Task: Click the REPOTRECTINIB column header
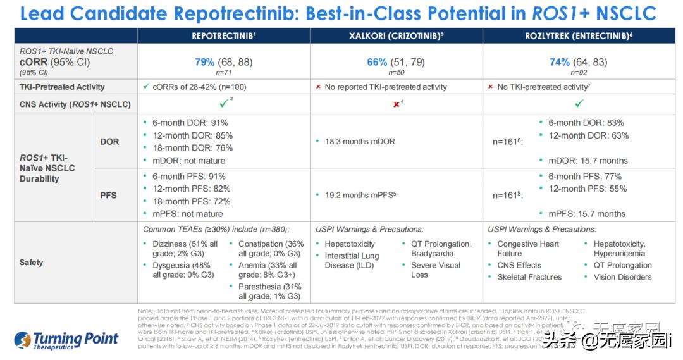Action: (223, 36)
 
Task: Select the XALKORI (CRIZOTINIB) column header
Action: (396, 36)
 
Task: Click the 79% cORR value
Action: (205, 62)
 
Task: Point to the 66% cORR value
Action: (377, 62)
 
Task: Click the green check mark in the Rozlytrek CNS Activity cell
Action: (579, 103)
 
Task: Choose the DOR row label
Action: (109, 142)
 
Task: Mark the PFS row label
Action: (109, 195)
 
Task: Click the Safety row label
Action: (32, 262)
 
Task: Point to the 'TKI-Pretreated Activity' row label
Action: (62, 87)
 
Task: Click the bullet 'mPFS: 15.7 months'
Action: (586, 214)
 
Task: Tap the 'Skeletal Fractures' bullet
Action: (529, 277)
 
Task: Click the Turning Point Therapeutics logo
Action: (66, 340)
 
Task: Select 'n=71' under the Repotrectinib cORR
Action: (223, 73)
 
